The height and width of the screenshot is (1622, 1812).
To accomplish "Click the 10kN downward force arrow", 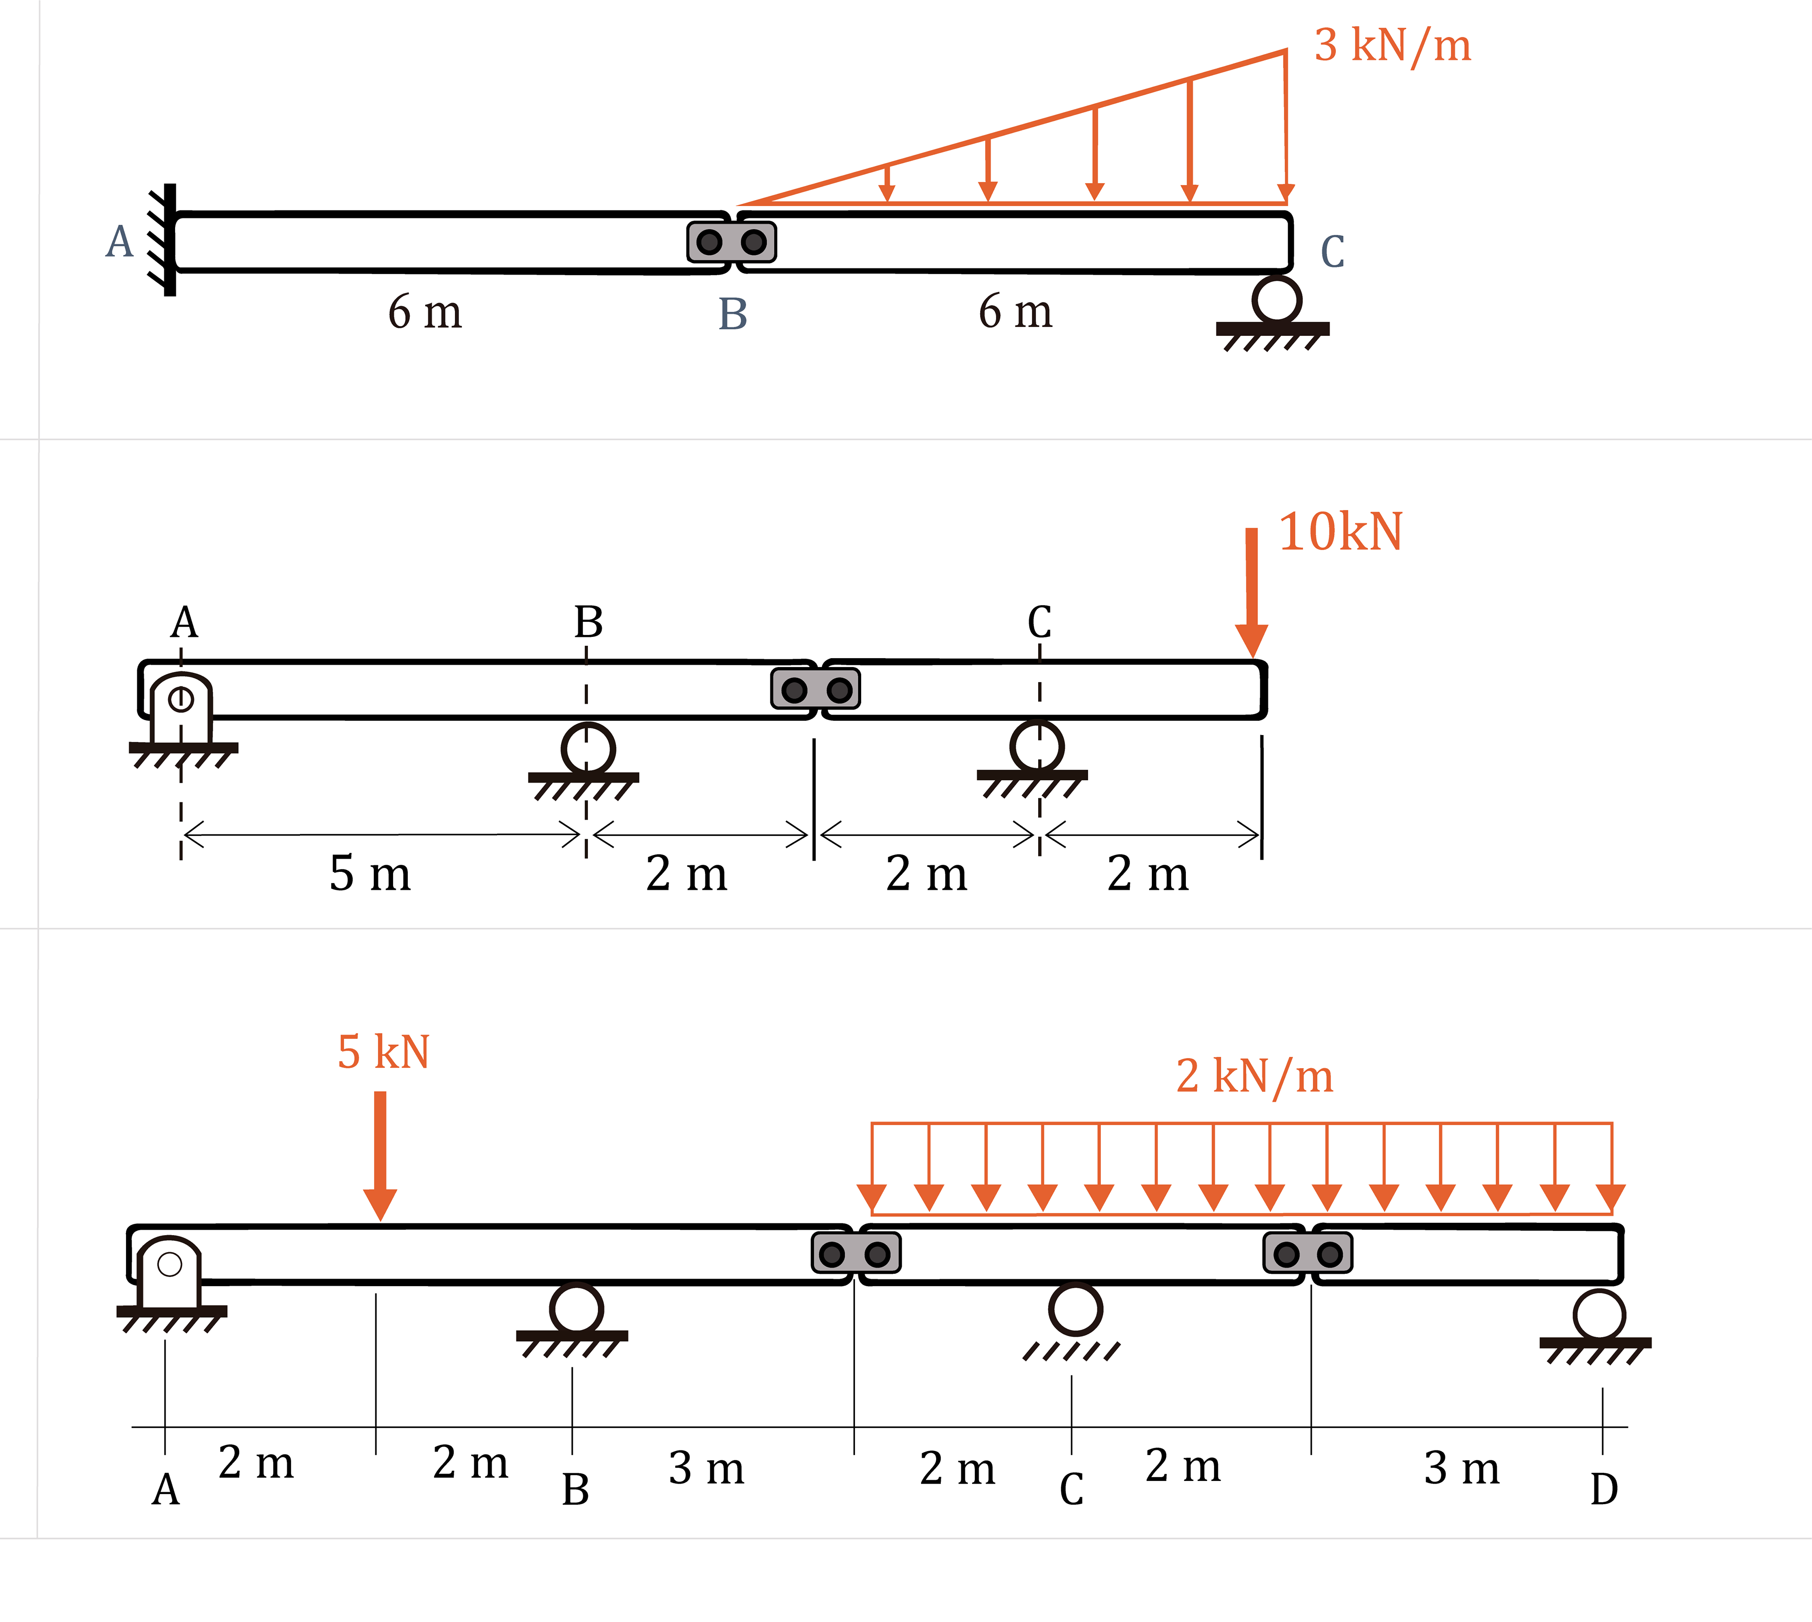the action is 1251,593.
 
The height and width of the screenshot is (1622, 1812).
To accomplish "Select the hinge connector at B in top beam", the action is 732,242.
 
